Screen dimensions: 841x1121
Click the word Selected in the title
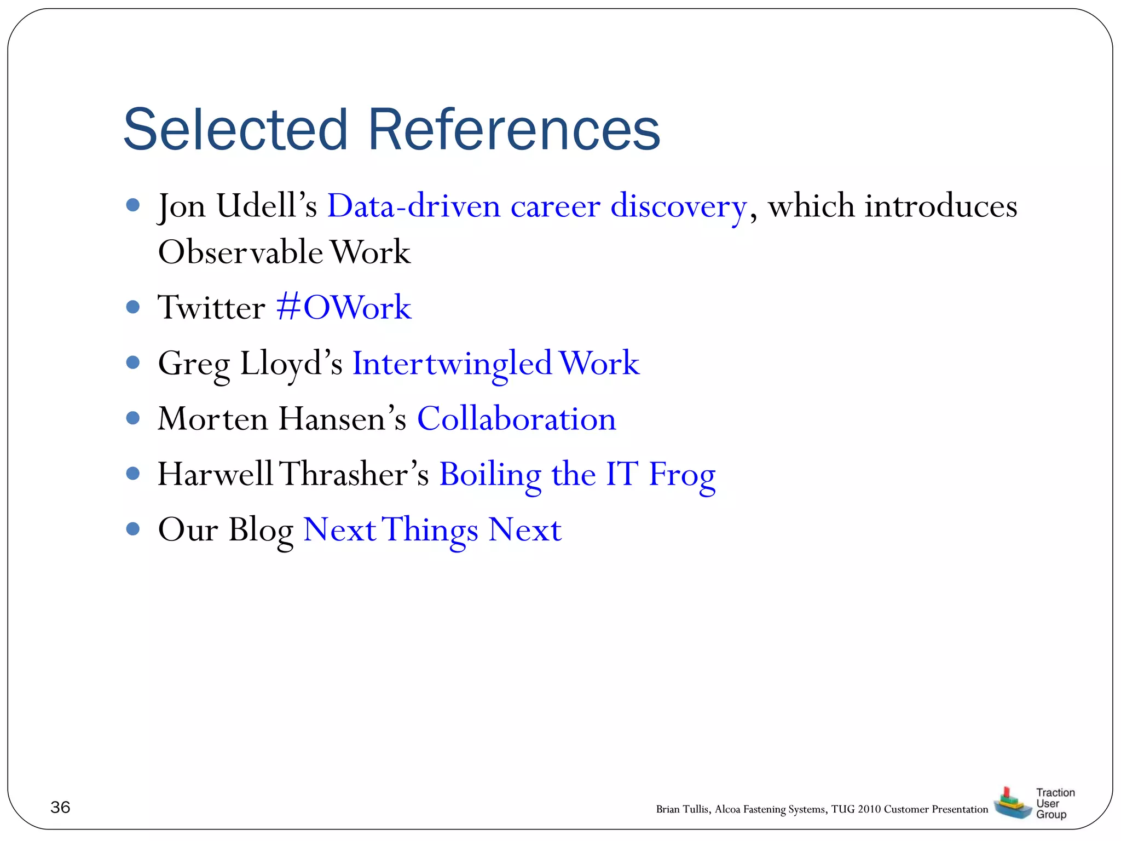click(x=235, y=130)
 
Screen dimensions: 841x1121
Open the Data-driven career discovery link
click(x=536, y=207)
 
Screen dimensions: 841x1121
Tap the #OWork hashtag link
click(x=344, y=308)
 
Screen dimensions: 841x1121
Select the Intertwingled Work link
click(x=495, y=364)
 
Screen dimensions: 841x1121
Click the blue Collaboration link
click(x=516, y=419)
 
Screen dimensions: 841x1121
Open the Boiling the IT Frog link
click(x=577, y=475)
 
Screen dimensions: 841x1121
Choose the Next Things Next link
click(x=432, y=530)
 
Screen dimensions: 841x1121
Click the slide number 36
click(x=60, y=807)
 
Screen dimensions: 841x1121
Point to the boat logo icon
click(x=1012, y=804)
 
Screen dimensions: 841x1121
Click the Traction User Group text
click(x=1054, y=803)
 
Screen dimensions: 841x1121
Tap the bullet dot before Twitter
click(x=132, y=307)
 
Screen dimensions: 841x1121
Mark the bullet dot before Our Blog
click(x=132, y=529)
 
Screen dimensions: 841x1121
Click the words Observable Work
click(x=284, y=253)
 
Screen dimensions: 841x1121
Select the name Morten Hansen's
click(x=282, y=419)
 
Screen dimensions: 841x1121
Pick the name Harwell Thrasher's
click(x=293, y=475)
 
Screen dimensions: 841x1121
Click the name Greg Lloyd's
click(x=250, y=364)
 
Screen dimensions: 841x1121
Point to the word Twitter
click(x=211, y=308)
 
